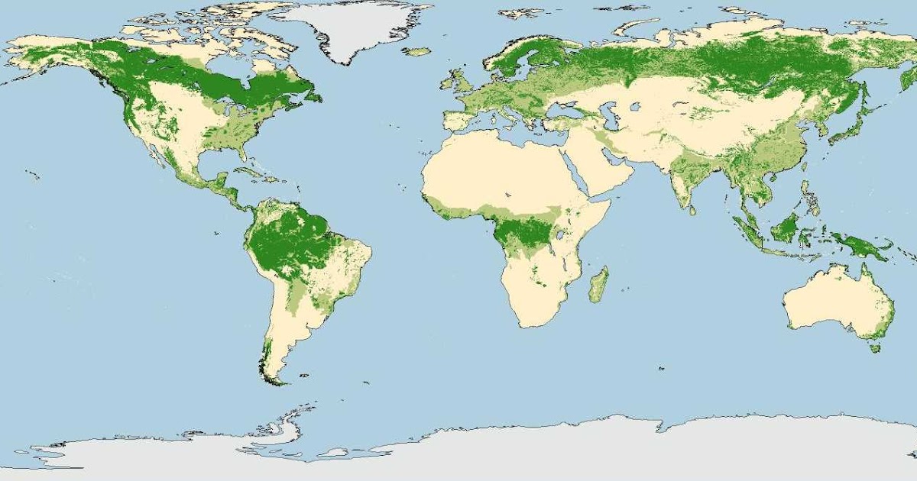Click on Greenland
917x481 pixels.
(x=352, y=27)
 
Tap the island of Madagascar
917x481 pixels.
(x=599, y=284)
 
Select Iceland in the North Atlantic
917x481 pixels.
(x=418, y=52)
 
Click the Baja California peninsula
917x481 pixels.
(x=160, y=153)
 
